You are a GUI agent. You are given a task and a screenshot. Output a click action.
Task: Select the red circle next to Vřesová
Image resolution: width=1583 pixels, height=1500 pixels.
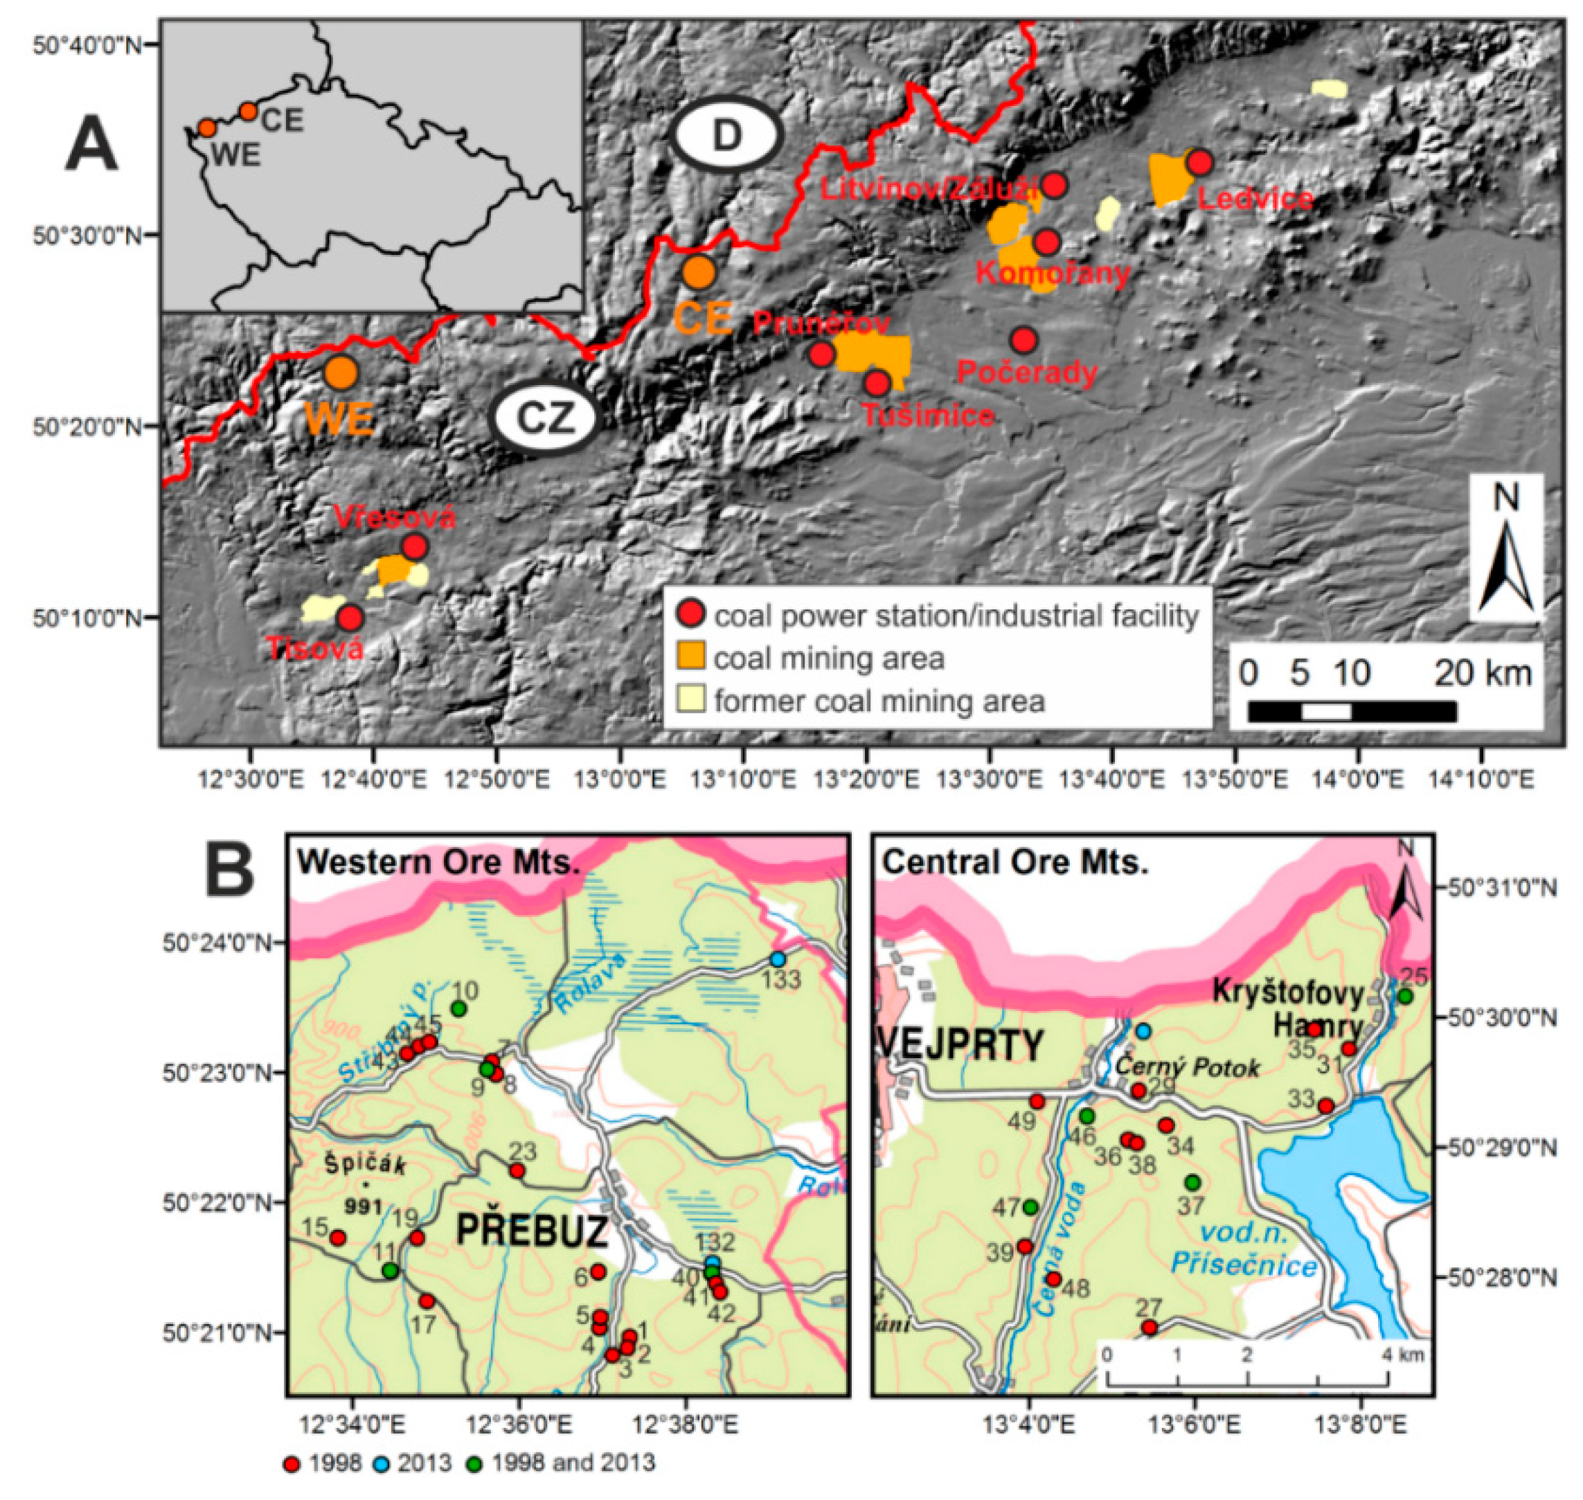414,547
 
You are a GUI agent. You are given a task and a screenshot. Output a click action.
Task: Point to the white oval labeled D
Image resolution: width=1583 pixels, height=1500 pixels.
726,136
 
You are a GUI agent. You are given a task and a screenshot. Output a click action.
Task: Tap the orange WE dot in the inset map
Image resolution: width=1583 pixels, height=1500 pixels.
207,128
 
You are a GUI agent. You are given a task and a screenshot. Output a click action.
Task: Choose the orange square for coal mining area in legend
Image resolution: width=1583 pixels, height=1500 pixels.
692,657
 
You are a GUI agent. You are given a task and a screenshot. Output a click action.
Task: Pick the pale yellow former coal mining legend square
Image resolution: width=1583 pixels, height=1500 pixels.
692,699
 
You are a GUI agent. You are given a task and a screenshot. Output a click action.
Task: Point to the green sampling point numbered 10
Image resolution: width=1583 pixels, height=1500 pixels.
459,1009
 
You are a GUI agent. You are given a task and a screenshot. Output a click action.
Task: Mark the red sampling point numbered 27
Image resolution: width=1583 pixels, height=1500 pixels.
1149,1328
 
